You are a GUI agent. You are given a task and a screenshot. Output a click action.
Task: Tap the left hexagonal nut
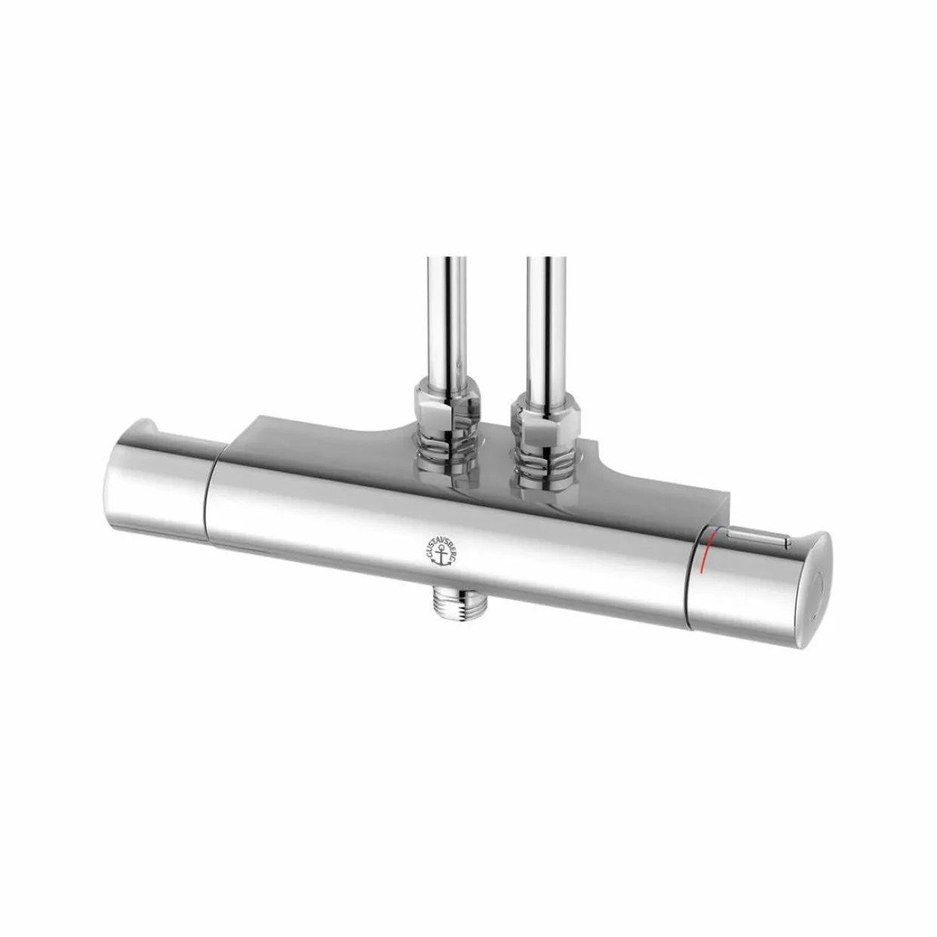point(447,404)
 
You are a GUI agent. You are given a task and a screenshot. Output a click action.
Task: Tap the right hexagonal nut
point(545,407)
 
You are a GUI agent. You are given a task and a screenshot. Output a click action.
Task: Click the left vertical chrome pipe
point(447,318)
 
